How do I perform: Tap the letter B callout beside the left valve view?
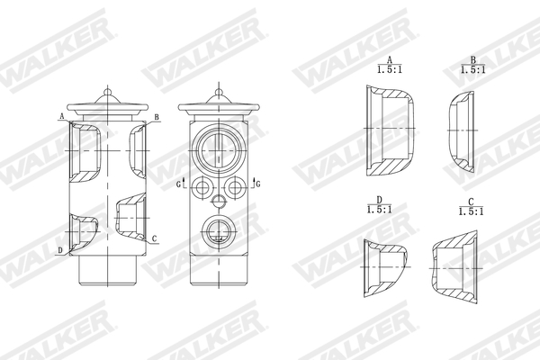click(157, 118)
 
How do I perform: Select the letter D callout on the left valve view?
click(60, 249)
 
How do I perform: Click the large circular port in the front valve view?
click(219, 146)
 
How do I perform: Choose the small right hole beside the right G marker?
click(237, 186)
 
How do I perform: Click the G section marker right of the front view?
click(258, 184)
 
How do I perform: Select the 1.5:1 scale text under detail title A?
click(390, 68)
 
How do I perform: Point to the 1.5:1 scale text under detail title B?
click(472, 68)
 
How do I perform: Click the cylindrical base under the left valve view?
click(109, 267)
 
